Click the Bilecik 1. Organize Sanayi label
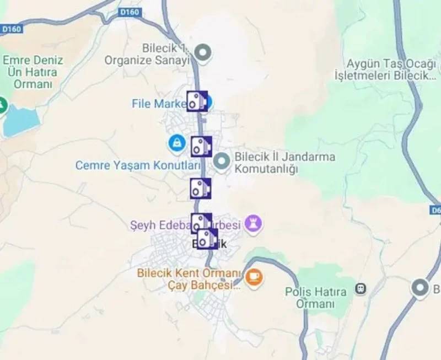(x=147, y=53)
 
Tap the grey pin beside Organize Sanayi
(x=204, y=53)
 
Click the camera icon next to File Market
(x=197, y=101)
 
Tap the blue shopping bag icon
(x=176, y=144)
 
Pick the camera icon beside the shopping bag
(x=201, y=147)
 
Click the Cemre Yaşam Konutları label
(x=138, y=165)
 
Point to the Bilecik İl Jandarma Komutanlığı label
(x=284, y=163)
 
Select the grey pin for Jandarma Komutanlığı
(x=222, y=162)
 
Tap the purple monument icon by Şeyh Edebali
(x=254, y=224)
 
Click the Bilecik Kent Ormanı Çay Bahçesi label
(x=190, y=278)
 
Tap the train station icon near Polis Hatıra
(x=361, y=288)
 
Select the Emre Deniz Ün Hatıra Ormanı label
(x=33, y=72)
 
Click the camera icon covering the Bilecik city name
(x=207, y=239)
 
